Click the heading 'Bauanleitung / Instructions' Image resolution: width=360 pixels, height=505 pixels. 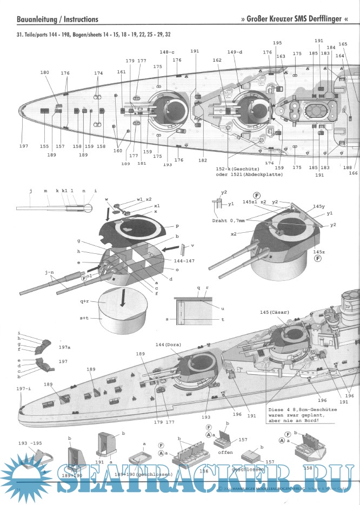click(x=58, y=19)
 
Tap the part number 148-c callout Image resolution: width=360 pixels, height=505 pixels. click(x=167, y=52)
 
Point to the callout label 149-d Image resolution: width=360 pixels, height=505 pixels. click(x=235, y=52)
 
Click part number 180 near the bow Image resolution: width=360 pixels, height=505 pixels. click(x=44, y=72)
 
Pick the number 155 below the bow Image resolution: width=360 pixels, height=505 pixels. click(x=44, y=146)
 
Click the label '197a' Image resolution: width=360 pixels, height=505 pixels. click(x=65, y=349)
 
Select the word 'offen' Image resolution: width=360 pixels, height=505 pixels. click(x=225, y=453)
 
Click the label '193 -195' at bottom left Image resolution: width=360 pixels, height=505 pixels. click(x=29, y=443)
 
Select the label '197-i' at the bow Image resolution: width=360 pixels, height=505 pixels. click(x=23, y=389)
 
